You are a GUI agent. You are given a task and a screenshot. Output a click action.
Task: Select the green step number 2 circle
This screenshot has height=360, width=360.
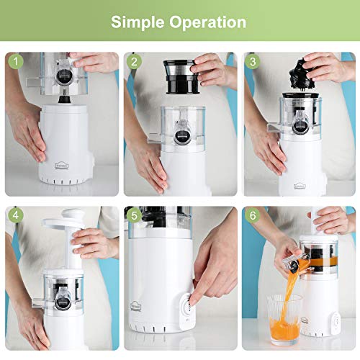click(135, 63)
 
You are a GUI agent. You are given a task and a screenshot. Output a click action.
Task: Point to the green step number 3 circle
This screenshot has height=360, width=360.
click(253, 63)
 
